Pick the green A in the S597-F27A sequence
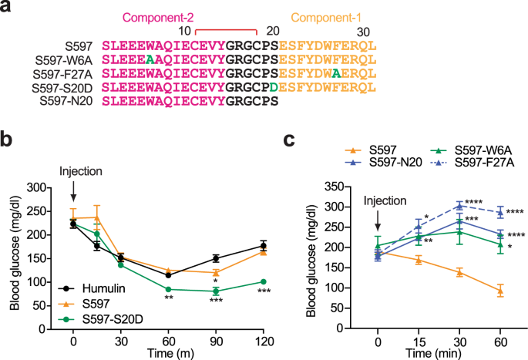coord(336,73)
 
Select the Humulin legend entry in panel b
coord(83,301)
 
